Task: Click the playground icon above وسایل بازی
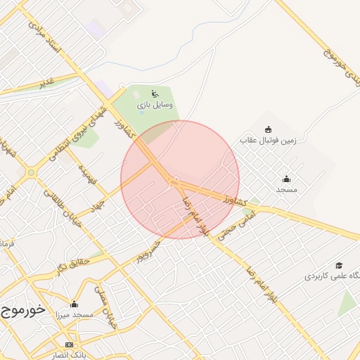(155, 94)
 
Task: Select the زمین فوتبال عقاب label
(269, 141)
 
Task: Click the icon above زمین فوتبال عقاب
(268, 129)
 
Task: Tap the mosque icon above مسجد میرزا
(75, 304)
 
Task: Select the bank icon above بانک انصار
(69, 345)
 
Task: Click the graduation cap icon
(339, 265)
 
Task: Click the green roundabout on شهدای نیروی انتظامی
(31, 172)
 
